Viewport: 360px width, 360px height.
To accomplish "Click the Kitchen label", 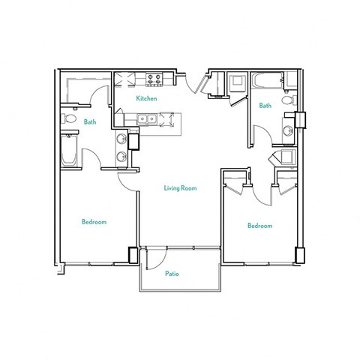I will (x=145, y=98).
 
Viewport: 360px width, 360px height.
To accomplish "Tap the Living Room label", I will (x=180, y=188).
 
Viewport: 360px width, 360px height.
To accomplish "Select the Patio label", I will (x=172, y=274).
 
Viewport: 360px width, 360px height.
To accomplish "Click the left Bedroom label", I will (x=94, y=222).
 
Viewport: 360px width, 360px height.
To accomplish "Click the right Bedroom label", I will (x=259, y=225).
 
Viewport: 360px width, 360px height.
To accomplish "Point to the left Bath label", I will (x=90, y=121).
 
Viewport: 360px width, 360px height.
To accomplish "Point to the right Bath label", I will (x=265, y=106).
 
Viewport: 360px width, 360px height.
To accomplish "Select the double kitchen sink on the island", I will (x=145, y=118).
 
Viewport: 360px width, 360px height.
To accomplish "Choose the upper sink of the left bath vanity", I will (x=121, y=139).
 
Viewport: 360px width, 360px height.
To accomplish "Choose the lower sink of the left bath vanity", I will (x=121, y=157).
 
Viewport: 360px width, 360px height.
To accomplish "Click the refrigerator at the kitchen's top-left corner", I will (x=124, y=79).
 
